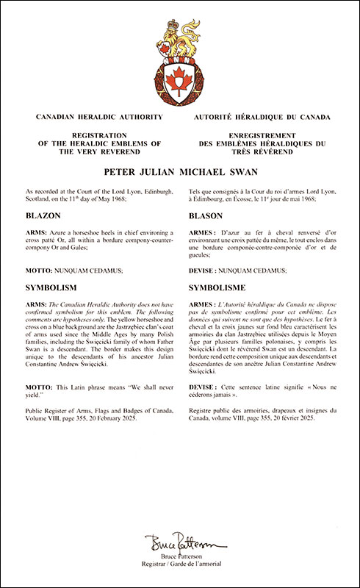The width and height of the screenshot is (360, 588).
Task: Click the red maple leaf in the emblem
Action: coord(179,80)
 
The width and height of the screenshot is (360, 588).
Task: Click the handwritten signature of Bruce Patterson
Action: coord(179,544)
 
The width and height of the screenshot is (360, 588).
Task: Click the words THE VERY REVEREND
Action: coord(91,151)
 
